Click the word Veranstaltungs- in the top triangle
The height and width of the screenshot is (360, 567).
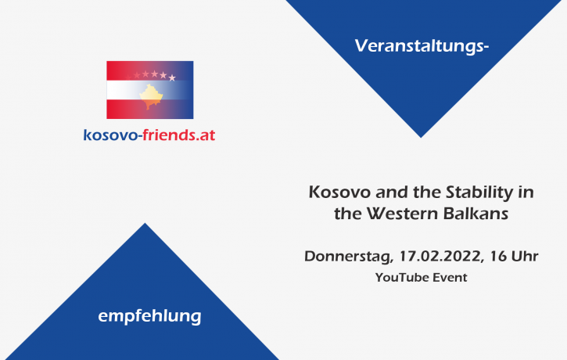[422, 46]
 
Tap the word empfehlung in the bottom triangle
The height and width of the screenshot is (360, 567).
[149, 316]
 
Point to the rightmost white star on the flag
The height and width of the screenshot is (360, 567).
[172, 77]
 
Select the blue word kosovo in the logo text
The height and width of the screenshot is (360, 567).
[110, 135]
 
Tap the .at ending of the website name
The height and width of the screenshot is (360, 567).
[205, 135]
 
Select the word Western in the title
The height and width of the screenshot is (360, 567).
[404, 213]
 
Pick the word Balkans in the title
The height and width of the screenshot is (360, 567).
[476, 213]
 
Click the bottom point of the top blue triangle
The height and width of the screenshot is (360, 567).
[421, 136]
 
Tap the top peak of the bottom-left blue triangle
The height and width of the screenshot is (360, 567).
[145, 225]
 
